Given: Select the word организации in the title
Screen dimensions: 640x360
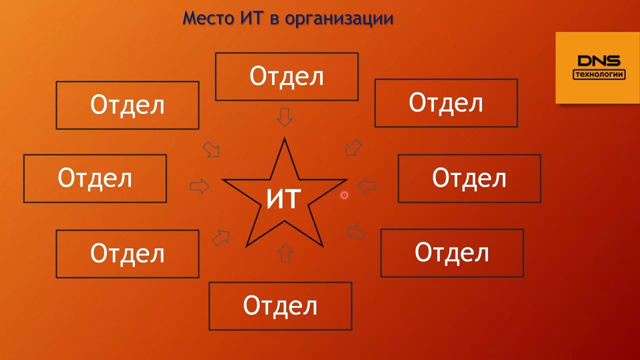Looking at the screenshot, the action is click(x=339, y=19).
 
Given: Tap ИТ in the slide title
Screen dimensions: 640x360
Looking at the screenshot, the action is click(x=251, y=18).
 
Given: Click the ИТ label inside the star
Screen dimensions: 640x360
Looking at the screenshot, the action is click(x=283, y=199).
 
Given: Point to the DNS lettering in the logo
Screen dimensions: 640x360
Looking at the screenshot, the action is click(x=599, y=61).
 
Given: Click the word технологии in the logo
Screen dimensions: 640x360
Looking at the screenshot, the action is click(x=599, y=74).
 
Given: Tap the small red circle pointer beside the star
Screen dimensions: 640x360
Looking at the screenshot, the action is click(x=344, y=195).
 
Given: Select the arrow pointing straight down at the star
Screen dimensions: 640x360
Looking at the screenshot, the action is click(x=284, y=117).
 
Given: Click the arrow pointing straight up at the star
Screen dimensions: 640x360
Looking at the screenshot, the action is click(x=285, y=253).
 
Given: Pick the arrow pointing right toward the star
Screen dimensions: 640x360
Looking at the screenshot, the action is click(x=199, y=186).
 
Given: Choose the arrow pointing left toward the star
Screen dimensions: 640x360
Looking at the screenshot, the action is click(x=367, y=185).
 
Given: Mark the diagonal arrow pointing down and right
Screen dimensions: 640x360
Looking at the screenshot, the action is click(x=211, y=149).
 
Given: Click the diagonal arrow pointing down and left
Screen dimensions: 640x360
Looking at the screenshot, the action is click(x=353, y=147).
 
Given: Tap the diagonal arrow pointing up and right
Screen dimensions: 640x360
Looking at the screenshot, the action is click(x=221, y=237).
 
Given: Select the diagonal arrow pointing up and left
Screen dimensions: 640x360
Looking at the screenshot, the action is click(x=355, y=232).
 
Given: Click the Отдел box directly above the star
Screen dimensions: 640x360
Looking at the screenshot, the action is click(x=287, y=76).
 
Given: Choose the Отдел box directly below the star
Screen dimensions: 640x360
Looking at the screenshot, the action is click(x=280, y=306).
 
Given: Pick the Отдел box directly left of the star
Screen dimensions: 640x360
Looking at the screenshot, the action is click(x=95, y=178).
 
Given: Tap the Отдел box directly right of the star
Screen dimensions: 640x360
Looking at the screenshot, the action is click(x=469, y=178).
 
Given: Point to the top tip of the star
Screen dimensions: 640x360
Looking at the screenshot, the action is click(x=284, y=138).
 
